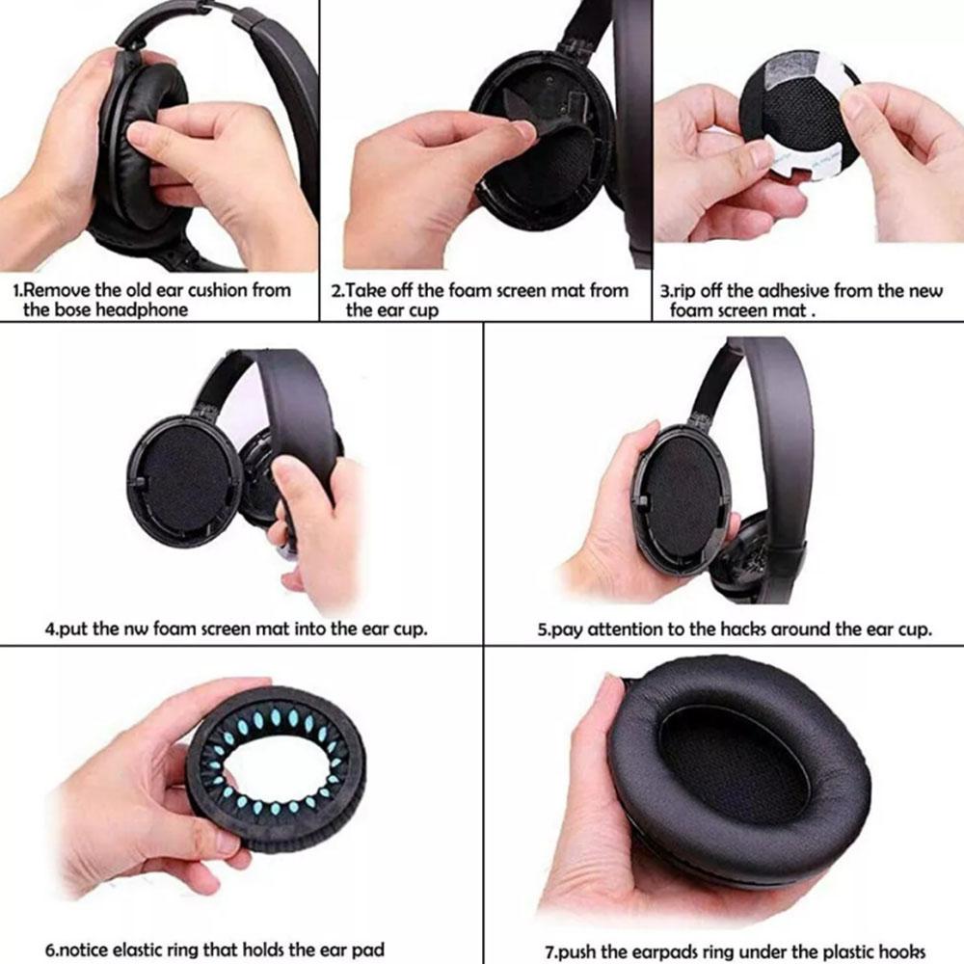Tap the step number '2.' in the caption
337,290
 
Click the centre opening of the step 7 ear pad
737,762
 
